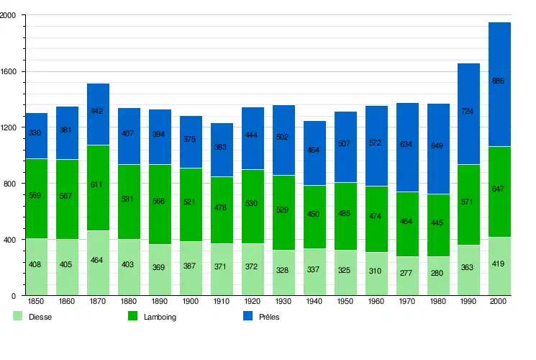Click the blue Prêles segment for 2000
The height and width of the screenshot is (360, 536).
[x=499, y=101]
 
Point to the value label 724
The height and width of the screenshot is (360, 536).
[x=468, y=112]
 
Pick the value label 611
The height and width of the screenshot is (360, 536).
[x=98, y=184]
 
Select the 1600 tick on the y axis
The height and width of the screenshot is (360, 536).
[x=14, y=72]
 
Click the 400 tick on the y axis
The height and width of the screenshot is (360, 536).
[x=14, y=240]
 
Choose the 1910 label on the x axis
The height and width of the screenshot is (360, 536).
[x=222, y=302]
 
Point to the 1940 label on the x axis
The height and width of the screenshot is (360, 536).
[x=314, y=302]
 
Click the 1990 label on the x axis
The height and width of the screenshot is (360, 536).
[x=468, y=302]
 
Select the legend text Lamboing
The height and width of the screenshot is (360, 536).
[x=159, y=317]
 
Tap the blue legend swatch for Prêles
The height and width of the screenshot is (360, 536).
[x=247, y=316]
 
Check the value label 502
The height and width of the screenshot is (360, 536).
[x=283, y=137]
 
